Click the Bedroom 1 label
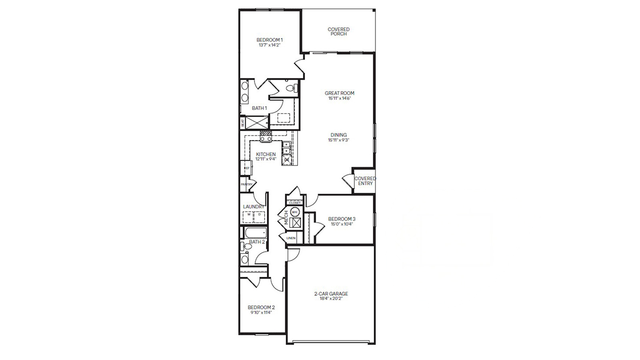(269, 40)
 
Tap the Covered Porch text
(338, 32)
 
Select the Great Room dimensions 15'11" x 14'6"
(339, 98)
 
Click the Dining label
(338, 135)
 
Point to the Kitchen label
(266, 154)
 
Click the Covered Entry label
(365, 181)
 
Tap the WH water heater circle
(295, 212)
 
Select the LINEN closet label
(291, 238)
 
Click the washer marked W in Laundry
(248, 215)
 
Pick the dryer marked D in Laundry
(259, 215)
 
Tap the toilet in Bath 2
(246, 246)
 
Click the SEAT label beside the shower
(242, 123)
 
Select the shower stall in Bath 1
(256, 122)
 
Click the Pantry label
(246, 184)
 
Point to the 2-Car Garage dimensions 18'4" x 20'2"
(331, 298)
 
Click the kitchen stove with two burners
(266, 138)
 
